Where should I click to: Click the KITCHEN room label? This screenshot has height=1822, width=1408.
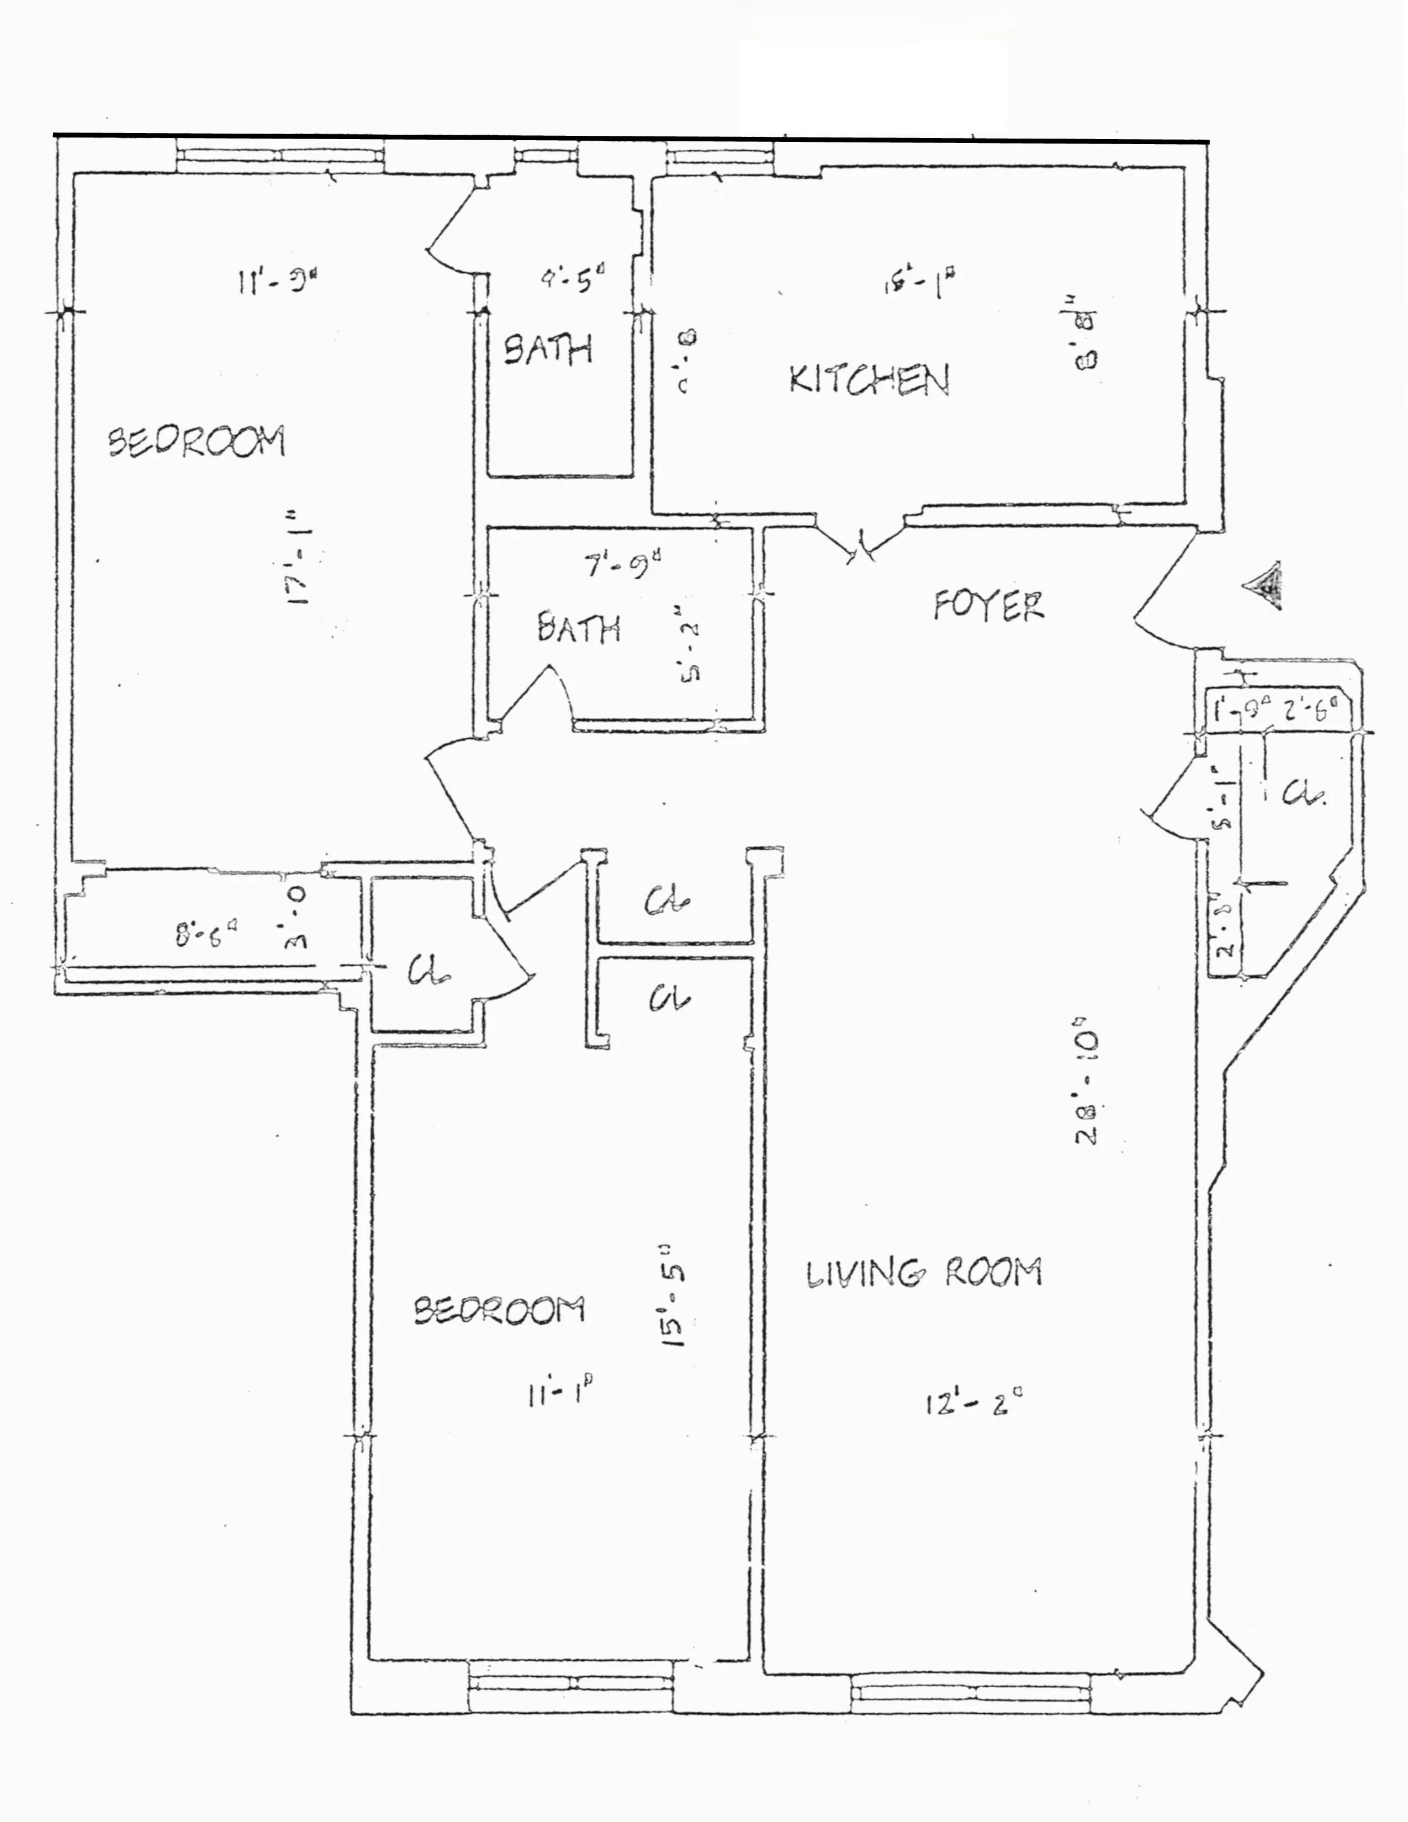(x=869, y=380)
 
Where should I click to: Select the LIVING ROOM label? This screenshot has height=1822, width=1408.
(x=923, y=1273)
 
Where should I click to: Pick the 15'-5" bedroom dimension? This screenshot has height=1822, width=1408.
(x=674, y=1297)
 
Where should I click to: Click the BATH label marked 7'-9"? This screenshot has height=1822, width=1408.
(x=579, y=627)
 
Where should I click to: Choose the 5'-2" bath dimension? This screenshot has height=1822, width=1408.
(x=689, y=653)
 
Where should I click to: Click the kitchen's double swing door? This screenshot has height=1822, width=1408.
(x=861, y=544)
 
